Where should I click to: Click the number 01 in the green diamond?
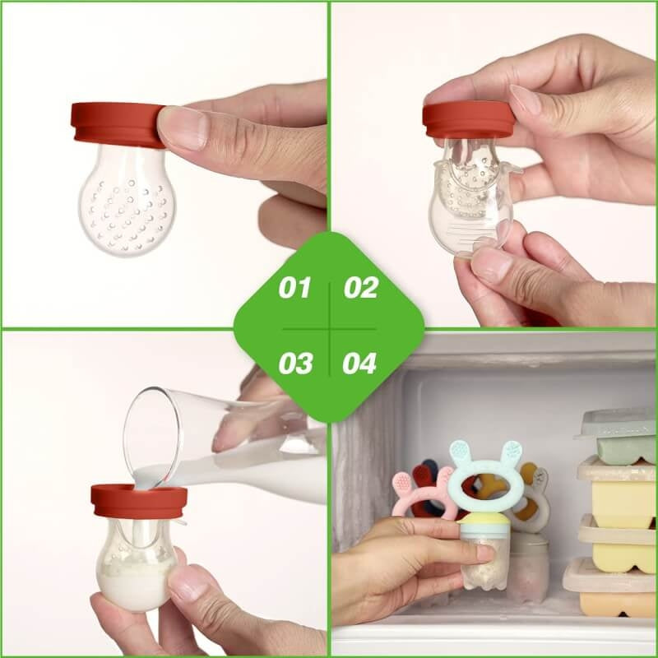coord(294,289)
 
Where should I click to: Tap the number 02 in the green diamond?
coord(360,289)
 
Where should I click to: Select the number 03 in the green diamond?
coord(294,363)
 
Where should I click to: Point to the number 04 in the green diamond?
coord(360,363)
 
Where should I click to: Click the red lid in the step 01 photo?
coord(115,123)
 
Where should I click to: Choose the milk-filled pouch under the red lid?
coord(136,568)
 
